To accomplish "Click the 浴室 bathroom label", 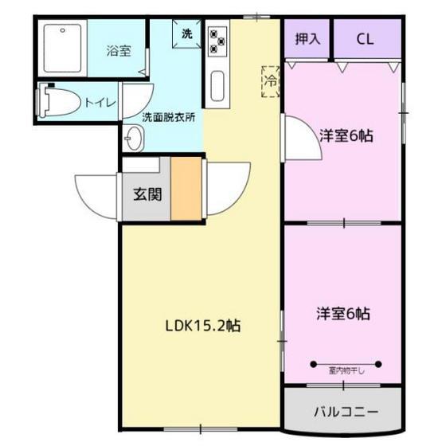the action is (119, 51).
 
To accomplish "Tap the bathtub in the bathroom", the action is (63, 49).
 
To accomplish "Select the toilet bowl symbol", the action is (59, 100).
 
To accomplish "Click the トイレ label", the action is (100, 103).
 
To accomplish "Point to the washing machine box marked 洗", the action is (187, 33).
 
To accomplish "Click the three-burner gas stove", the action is (217, 41).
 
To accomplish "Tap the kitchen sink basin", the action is (217, 86).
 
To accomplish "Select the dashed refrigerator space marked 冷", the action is (271, 81).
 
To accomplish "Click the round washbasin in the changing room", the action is (134, 139).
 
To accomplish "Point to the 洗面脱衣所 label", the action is (169, 117).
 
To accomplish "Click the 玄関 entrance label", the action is (147, 195).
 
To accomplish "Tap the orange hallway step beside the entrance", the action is (186, 189).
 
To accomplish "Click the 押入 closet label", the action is (307, 39).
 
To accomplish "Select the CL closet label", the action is (365, 39).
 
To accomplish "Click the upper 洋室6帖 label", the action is (346, 135).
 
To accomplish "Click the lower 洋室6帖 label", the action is (343, 314).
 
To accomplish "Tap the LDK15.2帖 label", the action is (203, 326).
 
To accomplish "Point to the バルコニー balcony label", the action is (346, 412).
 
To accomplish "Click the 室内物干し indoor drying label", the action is (346, 371).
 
